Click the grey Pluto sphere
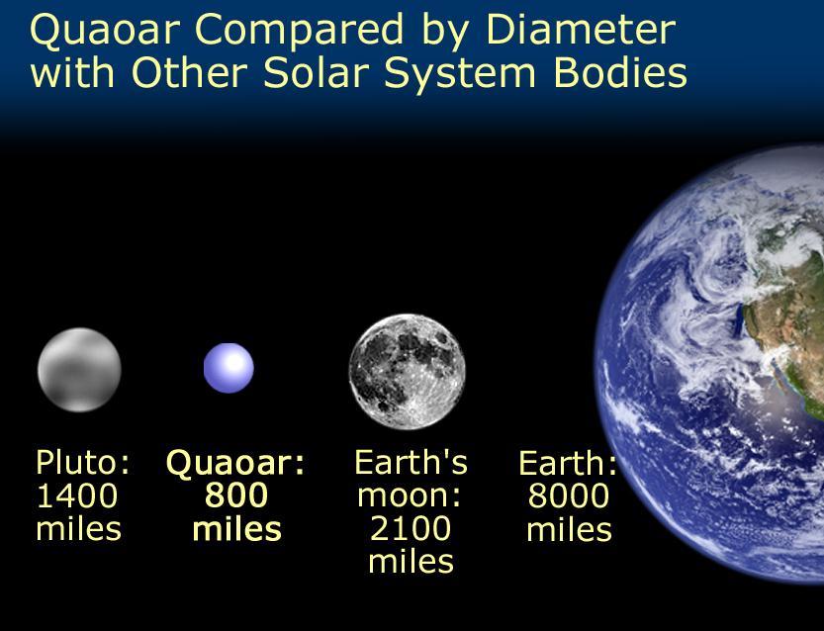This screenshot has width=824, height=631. click(79, 369)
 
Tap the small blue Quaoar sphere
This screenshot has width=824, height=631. click(229, 368)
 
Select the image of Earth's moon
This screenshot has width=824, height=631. click(408, 372)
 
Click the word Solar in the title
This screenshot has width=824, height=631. click(322, 72)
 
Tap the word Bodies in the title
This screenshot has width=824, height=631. click(620, 72)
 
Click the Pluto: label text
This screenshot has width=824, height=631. click(82, 462)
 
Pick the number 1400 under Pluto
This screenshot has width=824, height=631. click(77, 496)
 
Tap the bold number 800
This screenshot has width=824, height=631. click(236, 496)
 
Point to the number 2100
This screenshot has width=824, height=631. click(411, 528)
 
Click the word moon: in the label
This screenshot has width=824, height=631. click(410, 496)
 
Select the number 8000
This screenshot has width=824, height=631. click(569, 496)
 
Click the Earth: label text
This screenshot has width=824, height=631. click(568, 463)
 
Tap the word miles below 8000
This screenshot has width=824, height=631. click(569, 529)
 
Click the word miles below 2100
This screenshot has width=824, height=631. click(411, 561)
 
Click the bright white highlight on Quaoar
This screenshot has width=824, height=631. click(233, 363)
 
